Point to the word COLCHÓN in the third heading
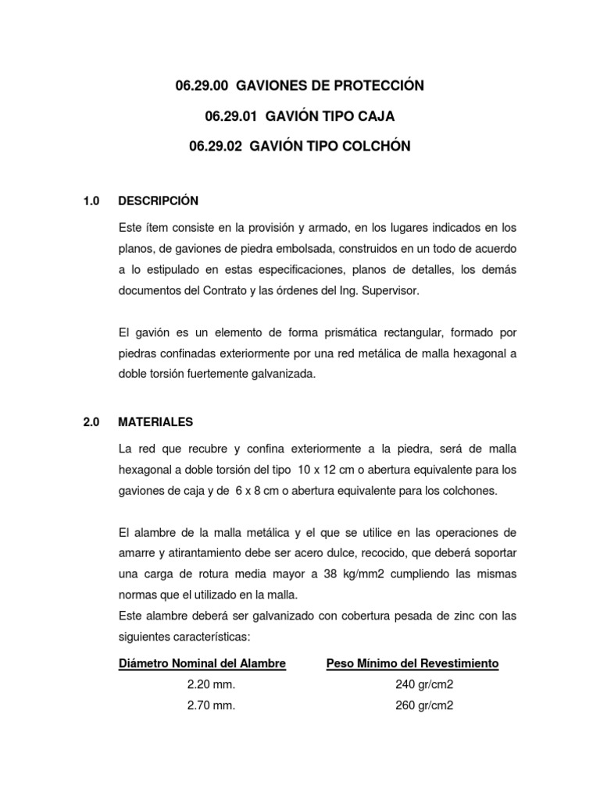366,147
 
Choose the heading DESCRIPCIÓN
159,201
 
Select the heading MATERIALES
155,422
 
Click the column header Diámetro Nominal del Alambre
202,664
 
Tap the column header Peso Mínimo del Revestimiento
412,664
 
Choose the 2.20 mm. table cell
211,685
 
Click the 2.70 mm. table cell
211,706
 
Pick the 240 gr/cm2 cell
424,685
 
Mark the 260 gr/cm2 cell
424,706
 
